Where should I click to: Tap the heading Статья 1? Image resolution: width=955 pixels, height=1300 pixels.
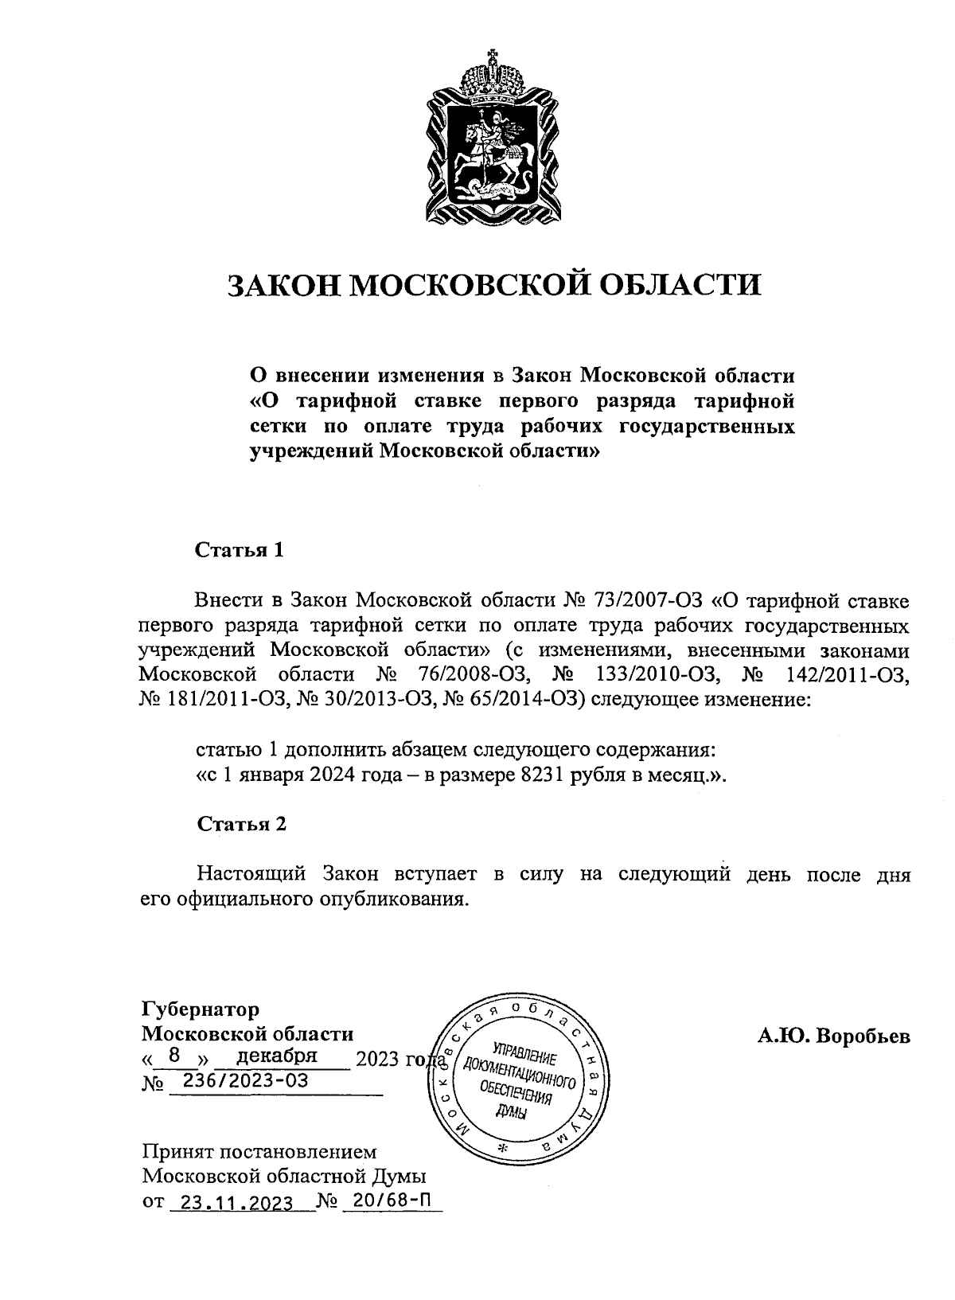tap(240, 550)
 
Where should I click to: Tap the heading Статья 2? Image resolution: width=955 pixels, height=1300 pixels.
tap(241, 824)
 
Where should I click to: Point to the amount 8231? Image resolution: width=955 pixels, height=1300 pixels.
tap(543, 776)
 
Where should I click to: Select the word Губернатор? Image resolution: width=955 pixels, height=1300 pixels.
tap(201, 1009)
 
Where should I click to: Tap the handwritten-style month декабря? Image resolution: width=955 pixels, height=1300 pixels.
tap(278, 1056)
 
